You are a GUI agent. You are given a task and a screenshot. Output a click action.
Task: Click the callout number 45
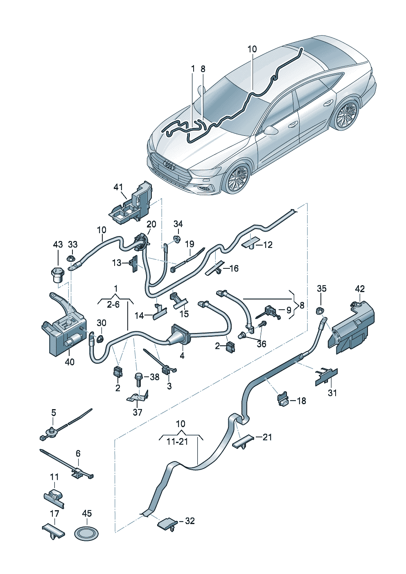coord(87,513)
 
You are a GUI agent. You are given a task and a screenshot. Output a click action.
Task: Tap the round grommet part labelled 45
coord(87,533)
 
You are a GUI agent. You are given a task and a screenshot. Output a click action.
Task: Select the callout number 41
coord(118,187)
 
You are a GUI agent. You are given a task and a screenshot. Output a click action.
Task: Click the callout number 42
coord(360,288)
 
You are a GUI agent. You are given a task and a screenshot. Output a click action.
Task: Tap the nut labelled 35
coord(321,311)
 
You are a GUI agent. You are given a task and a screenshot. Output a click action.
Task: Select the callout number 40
coord(70,362)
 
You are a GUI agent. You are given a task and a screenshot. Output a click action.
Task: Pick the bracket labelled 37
coord(138,396)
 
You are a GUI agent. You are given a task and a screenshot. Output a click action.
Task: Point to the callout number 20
coord(151,224)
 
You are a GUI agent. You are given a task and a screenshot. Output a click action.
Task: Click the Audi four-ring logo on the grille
coord(169,165)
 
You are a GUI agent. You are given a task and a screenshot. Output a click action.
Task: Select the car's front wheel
coord(237,178)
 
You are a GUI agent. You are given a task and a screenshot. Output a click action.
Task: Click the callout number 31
coord(332,393)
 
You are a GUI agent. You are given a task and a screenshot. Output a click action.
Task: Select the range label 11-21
coord(177,442)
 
